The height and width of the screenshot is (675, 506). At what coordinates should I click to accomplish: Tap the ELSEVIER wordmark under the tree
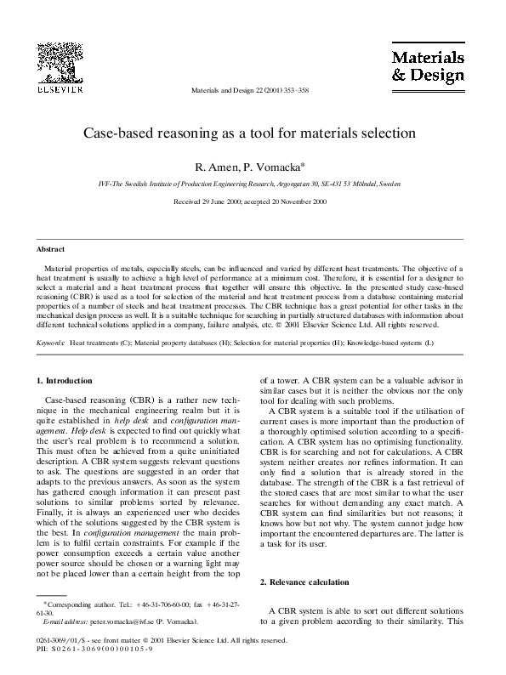coord(60,88)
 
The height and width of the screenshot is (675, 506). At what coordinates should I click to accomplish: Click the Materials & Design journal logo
coord(427,66)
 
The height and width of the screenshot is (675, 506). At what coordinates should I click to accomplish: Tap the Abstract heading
coord(50,249)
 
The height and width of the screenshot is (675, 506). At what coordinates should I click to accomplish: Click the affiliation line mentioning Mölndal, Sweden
coord(248,184)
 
